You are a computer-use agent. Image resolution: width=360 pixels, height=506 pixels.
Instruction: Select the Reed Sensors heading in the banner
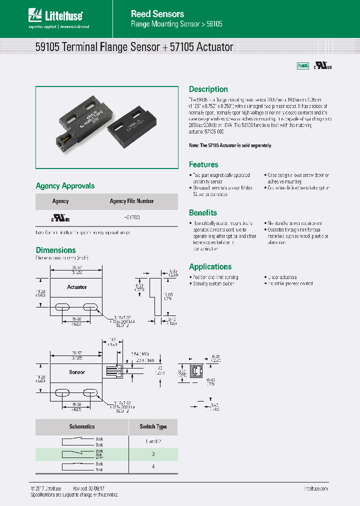point(157,14)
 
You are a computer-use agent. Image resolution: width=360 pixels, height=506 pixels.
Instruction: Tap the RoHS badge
point(303,66)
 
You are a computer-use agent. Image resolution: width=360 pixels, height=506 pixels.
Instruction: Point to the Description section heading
point(208,89)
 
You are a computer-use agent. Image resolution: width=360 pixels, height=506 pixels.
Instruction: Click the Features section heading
point(203,164)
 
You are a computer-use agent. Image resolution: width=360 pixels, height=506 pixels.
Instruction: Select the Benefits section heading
point(202,212)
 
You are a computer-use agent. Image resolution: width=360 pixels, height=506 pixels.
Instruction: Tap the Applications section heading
point(210,266)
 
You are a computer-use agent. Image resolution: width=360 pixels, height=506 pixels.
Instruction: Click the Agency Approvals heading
point(65,186)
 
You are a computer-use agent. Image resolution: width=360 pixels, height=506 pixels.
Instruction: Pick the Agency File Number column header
point(131,201)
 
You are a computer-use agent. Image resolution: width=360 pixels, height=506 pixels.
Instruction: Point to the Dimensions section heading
point(55,250)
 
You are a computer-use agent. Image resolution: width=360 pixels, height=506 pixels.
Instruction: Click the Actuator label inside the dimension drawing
point(76,287)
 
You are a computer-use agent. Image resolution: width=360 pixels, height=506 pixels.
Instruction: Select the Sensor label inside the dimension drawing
point(76,372)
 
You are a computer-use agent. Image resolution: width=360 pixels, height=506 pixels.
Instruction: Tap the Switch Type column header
point(153,427)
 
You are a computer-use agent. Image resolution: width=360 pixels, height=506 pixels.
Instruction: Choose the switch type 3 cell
point(153,454)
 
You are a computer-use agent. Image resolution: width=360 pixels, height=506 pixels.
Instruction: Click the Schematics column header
point(81,427)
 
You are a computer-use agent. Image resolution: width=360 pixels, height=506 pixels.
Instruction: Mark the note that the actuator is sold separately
point(230,145)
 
